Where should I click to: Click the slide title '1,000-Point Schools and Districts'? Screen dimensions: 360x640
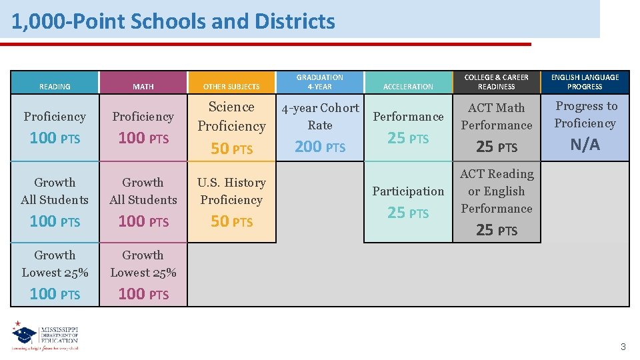click(173, 21)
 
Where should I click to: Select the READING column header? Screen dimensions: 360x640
click(55, 87)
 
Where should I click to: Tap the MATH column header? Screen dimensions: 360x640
click(143, 87)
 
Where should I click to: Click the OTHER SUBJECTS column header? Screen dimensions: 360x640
click(231, 87)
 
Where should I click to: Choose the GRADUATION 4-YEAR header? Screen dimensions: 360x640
click(320, 82)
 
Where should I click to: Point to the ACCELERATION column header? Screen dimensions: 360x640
click(408, 87)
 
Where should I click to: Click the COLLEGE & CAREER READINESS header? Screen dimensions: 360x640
click(497, 82)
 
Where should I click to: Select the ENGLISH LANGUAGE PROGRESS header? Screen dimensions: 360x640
click(585, 82)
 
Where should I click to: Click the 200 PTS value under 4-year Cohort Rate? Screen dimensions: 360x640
click(320, 147)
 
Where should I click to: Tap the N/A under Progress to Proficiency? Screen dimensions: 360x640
click(585, 145)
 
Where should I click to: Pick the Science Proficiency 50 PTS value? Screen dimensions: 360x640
click(231, 149)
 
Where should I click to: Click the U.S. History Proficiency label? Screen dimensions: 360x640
click(231, 191)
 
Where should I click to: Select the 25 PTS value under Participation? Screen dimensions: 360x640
click(408, 213)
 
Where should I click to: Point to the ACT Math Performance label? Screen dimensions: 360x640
click(497, 116)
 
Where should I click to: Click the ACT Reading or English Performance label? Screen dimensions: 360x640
click(497, 191)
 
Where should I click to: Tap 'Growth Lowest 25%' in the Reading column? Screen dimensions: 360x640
click(55, 263)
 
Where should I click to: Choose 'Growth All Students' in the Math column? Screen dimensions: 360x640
click(143, 191)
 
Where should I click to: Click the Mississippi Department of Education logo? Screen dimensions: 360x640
click(45, 336)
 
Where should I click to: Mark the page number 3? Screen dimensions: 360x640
click(623, 347)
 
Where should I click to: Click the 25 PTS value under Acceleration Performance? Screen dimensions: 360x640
click(408, 139)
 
